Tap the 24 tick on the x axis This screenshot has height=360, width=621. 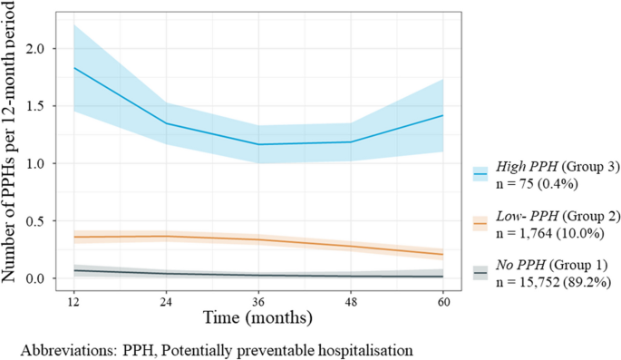tap(164, 301)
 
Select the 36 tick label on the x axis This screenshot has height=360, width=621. tap(257, 301)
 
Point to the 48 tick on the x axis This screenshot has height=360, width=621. tap(351, 301)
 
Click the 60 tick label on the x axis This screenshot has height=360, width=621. tap(443, 301)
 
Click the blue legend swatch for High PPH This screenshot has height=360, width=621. tap(481, 170)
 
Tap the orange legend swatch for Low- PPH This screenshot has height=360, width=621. tap(481, 221)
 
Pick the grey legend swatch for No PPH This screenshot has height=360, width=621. tap(481, 271)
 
